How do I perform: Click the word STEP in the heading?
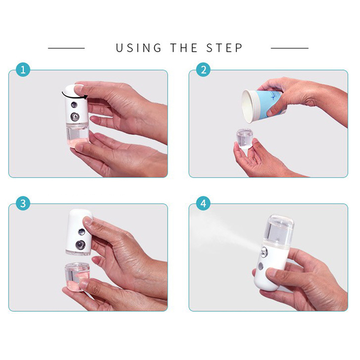pyautogui.click(x=224, y=48)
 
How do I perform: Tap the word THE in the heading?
pyautogui.click(x=184, y=48)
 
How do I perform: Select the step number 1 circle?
pyautogui.click(x=23, y=70)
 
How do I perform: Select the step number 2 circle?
pyautogui.click(x=203, y=70)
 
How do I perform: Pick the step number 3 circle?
pyautogui.click(x=23, y=203)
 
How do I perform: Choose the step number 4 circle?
pyautogui.click(x=203, y=203)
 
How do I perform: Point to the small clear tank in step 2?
pyautogui.click(x=244, y=139)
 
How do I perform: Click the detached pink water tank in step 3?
pyautogui.click(x=77, y=276)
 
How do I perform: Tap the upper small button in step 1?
pyautogui.click(x=74, y=105)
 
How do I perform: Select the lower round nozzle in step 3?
pyautogui.click(x=81, y=245)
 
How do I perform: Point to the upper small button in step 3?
pyautogui.click(x=81, y=232)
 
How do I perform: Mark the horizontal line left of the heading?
pyautogui.click(x=66, y=48)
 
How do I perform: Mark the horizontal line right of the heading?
pyautogui.click(x=289, y=48)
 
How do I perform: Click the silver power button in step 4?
pyautogui.click(x=261, y=266)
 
